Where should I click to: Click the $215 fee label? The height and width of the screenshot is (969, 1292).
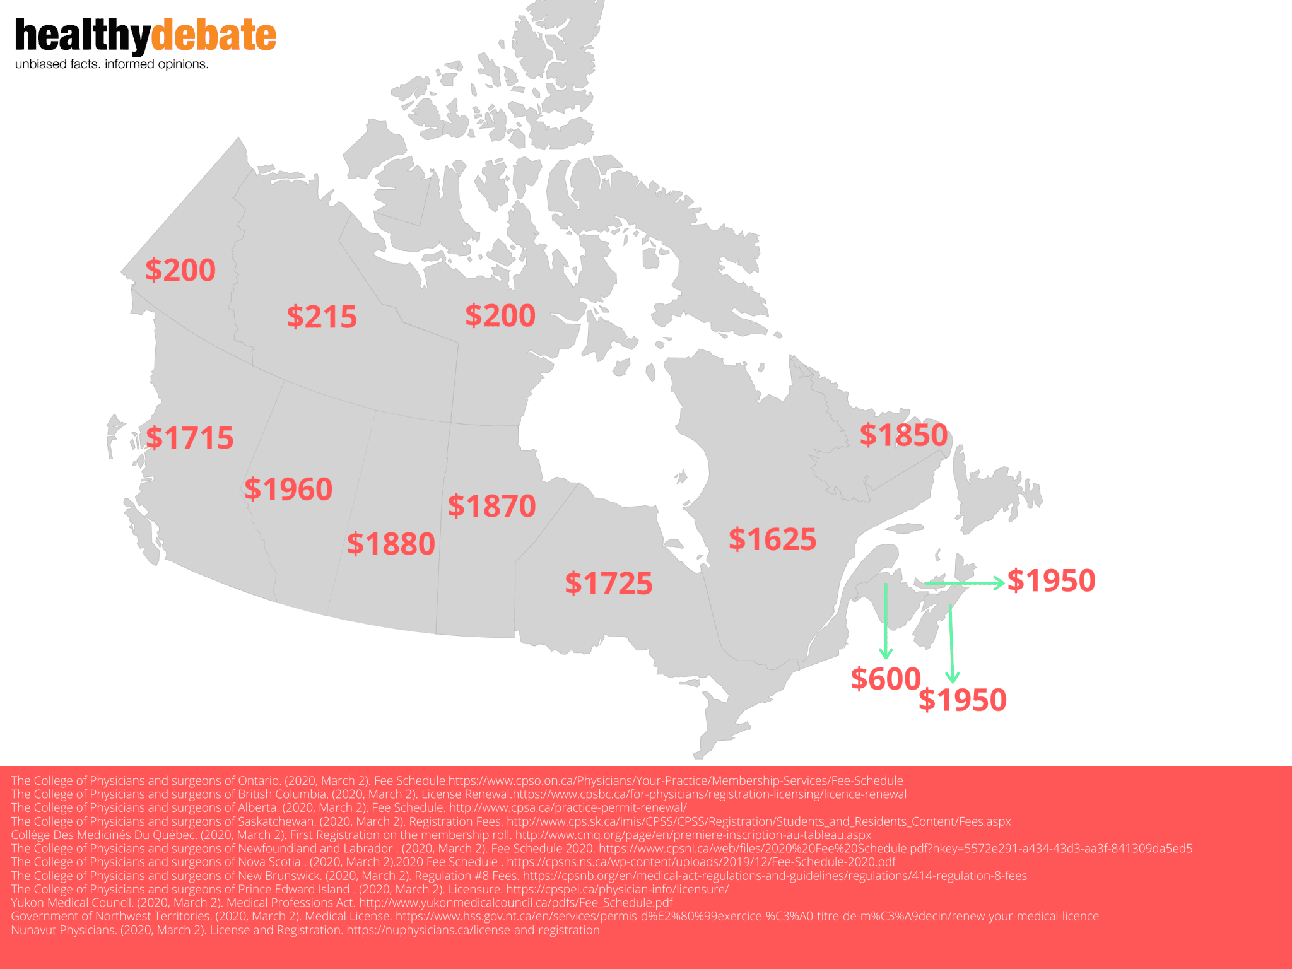322,317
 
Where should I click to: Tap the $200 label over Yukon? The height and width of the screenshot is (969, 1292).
180,270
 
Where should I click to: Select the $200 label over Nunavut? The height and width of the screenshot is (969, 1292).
500,315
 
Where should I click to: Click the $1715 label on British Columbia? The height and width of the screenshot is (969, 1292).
189,438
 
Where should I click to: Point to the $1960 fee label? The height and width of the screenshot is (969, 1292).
288,490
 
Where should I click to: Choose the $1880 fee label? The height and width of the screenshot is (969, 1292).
391,544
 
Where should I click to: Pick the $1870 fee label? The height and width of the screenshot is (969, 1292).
491,506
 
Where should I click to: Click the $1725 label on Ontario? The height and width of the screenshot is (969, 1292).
609,584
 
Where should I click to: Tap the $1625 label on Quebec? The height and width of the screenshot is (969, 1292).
772,539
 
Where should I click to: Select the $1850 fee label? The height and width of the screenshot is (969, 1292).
903,435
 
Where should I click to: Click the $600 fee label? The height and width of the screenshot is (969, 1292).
885,679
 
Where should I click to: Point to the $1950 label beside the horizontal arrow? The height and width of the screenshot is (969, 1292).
1051,580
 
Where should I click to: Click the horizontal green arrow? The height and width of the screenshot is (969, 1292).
965,583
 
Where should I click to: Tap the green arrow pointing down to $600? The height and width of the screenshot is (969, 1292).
886,621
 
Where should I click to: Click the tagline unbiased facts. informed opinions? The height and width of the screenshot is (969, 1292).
112,64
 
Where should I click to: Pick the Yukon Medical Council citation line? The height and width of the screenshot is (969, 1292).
341,903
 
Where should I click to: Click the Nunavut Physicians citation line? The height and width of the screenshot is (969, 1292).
305,930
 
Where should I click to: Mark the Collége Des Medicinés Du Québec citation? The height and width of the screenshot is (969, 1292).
440,835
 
